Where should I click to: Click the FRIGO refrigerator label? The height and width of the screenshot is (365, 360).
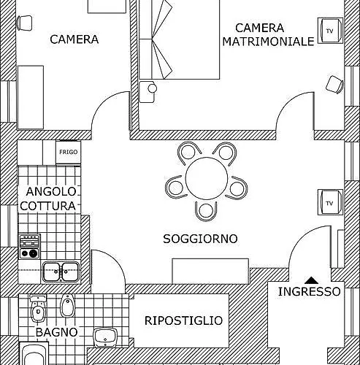point(69,152)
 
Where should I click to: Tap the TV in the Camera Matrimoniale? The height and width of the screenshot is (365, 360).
point(330,31)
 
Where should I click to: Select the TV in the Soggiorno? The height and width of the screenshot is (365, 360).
point(330,202)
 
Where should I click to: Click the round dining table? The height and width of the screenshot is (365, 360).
point(207,178)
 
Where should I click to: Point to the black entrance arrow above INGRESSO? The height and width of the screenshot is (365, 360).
point(312,280)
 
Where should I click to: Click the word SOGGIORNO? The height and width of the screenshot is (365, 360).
point(200,239)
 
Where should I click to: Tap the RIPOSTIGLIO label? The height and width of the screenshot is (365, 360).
point(183,320)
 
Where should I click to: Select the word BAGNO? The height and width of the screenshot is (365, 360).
point(57,332)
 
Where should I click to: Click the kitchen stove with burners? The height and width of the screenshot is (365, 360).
point(30,246)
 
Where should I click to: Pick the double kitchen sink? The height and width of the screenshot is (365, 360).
point(61,272)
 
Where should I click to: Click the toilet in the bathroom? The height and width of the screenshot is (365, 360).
point(38,308)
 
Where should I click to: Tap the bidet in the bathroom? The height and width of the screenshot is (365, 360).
point(67,306)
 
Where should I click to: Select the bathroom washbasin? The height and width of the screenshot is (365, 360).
point(105,337)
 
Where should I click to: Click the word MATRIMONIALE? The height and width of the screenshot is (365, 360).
point(268,42)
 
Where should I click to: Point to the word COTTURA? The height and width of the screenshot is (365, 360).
point(48,206)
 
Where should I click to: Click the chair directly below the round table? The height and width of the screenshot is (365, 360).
point(206,211)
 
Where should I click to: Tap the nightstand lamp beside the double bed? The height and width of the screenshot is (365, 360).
point(153,88)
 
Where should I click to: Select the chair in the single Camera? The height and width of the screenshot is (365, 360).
point(24,23)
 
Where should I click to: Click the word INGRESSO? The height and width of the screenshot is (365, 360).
point(309,291)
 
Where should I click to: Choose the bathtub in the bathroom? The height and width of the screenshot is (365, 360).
point(34,353)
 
